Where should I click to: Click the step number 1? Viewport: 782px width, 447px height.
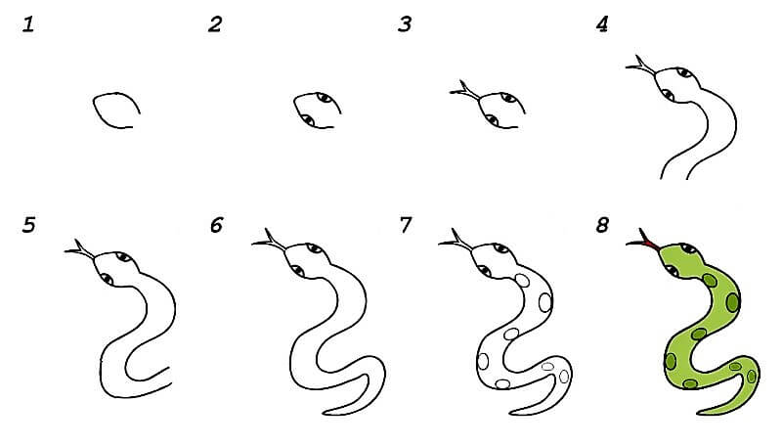pos(28,24)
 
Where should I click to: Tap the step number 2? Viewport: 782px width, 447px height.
pos(215,24)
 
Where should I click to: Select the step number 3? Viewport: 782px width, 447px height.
pos(405,24)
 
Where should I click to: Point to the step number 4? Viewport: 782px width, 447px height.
pos(602,24)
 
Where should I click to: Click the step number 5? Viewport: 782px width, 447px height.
pos(29,225)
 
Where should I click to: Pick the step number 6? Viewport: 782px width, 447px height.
pos(216,225)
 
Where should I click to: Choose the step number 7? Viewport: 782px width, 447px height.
pos(406,225)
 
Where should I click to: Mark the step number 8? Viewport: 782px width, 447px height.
pos(602,225)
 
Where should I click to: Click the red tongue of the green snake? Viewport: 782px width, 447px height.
pos(650,244)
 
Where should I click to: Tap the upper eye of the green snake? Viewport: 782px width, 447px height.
pos(688,248)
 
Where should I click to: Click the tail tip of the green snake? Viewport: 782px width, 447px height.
pos(699,413)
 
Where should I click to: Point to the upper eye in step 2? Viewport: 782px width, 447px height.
pos(325,97)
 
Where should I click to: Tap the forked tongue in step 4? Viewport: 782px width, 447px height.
pos(641,66)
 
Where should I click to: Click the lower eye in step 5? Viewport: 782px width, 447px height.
pos(107,279)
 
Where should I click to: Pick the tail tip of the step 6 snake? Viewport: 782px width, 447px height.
pos(326,413)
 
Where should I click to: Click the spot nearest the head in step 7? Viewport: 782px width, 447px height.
pos(522,281)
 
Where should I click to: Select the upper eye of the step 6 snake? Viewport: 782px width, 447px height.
pos(314,247)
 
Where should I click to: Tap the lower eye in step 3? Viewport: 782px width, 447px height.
pos(492,120)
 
